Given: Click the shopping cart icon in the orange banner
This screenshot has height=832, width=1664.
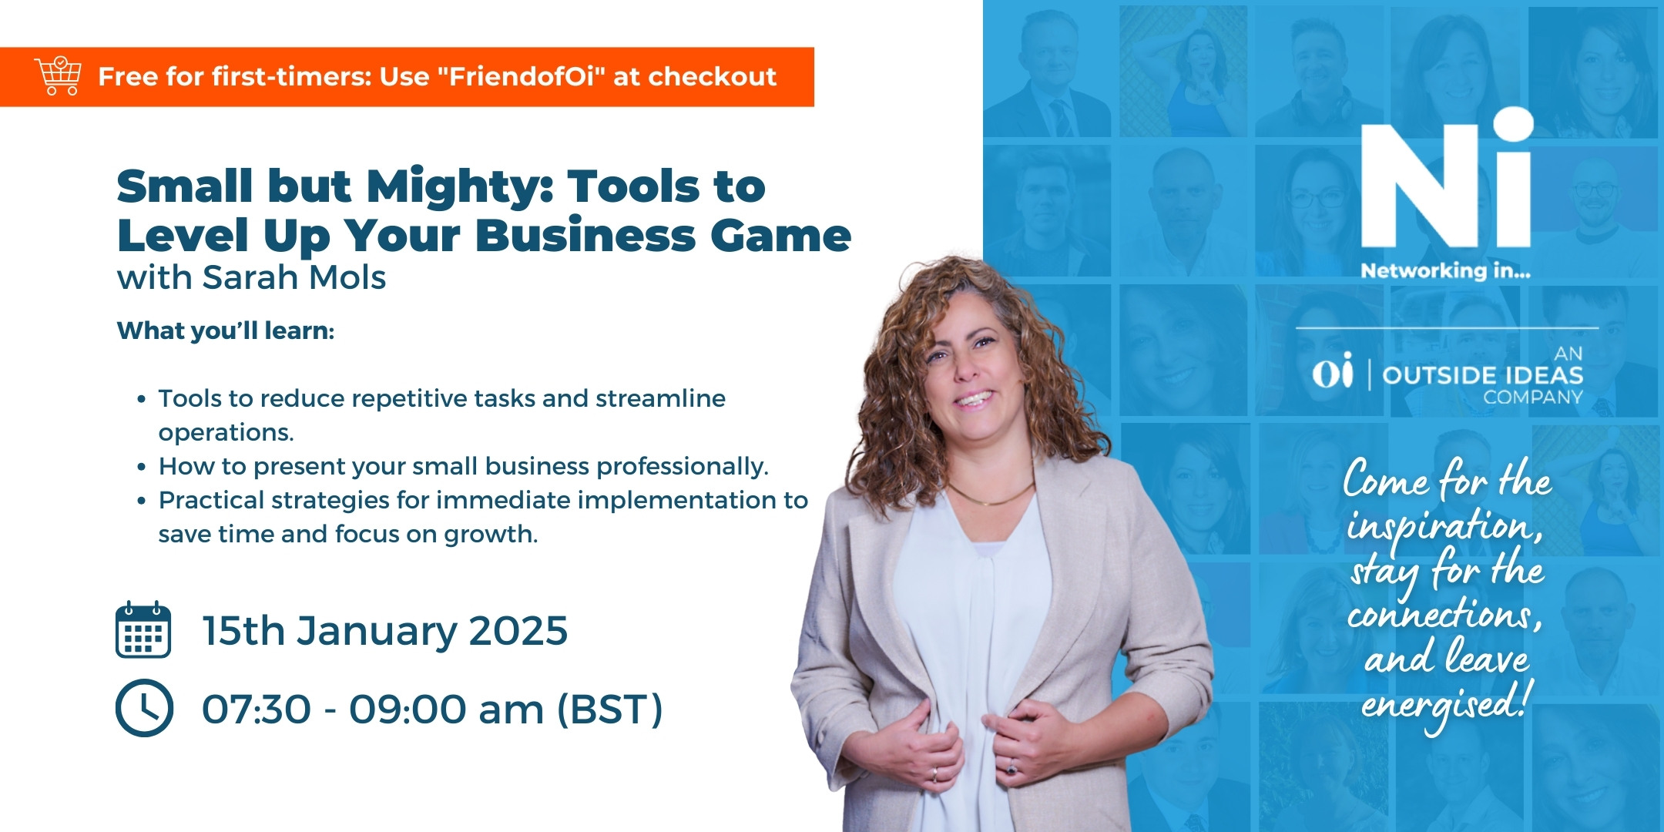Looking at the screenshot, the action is pos(58,75).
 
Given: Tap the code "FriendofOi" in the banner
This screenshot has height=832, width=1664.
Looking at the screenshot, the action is pos(523,76).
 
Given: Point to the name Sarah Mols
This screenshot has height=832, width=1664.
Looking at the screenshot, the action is pos(294,277).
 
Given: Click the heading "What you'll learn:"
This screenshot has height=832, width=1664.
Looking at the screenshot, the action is pos(226,330).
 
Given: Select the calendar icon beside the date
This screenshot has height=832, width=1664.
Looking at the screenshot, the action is pos(143,629).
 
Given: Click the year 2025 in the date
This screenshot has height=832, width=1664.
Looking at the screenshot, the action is pos(518,631).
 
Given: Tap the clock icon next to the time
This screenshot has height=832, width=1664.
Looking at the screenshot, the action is pos(144,708).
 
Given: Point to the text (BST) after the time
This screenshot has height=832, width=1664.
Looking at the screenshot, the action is pos(609,710).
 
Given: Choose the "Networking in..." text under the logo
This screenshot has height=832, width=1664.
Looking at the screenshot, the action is pos(1445,270).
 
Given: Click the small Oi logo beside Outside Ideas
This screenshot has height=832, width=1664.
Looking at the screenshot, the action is pos(1332,371).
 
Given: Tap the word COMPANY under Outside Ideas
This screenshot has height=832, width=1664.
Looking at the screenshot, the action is pos(1533,398).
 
